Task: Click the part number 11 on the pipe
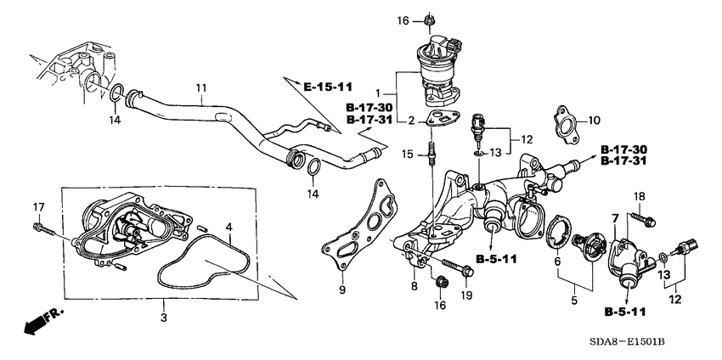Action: (x=201, y=87)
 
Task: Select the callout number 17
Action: (x=38, y=207)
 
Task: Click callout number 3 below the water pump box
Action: (x=164, y=316)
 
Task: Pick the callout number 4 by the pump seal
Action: (x=228, y=227)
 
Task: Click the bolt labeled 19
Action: (x=459, y=272)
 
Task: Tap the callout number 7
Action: (x=614, y=220)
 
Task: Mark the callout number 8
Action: (x=415, y=287)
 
